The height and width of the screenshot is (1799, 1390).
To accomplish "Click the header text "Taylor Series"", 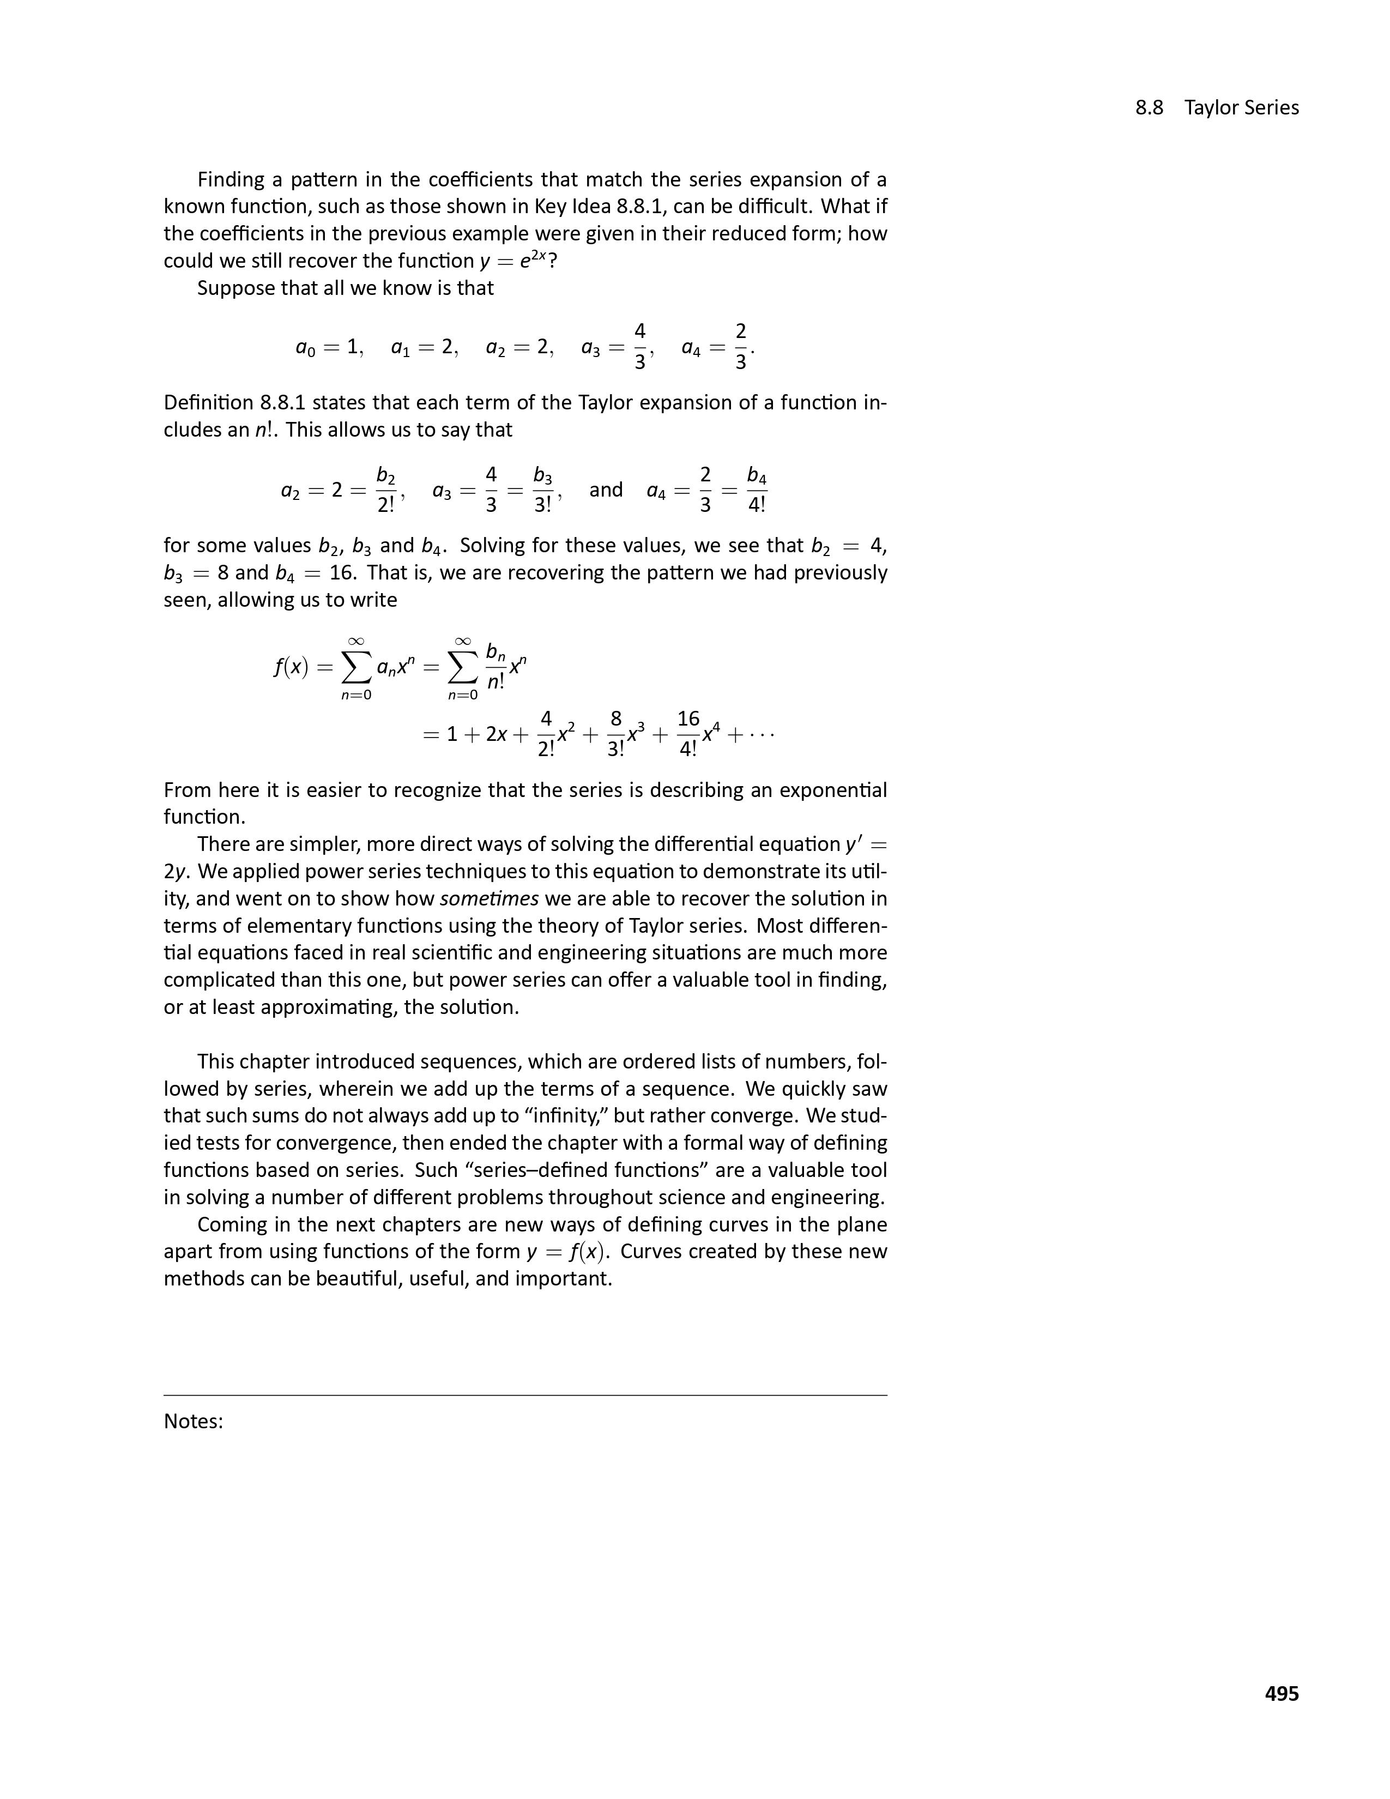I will (1241, 108).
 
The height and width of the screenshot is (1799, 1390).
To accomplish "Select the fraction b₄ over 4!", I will (757, 490).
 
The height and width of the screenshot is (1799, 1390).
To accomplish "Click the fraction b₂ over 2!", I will (385, 490).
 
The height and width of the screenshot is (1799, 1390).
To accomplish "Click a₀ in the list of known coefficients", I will (305, 348).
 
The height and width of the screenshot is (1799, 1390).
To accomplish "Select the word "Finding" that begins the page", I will (231, 179).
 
